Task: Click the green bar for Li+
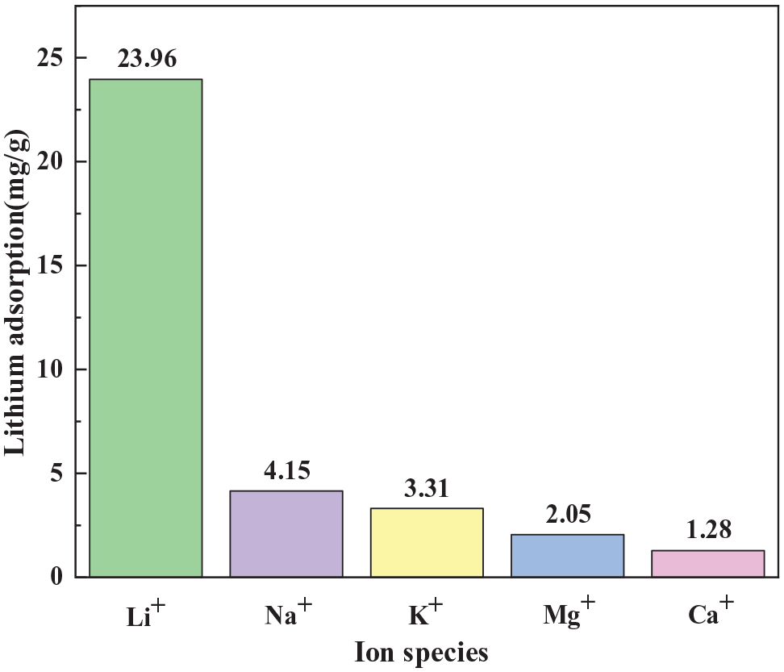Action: [x=145, y=328]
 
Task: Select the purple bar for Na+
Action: [x=286, y=533]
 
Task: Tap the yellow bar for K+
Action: [x=427, y=542]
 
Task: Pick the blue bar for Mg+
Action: [x=567, y=555]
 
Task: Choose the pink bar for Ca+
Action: [x=707, y=563]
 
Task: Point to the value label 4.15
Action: [x=286, y=470]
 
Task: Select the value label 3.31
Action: [x=427, y=488]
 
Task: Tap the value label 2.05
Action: [x=567, y=514]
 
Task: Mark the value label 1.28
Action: [x=707, y=530]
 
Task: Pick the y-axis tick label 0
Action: [x=57, y=577]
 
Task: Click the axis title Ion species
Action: [x=422, y=651]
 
